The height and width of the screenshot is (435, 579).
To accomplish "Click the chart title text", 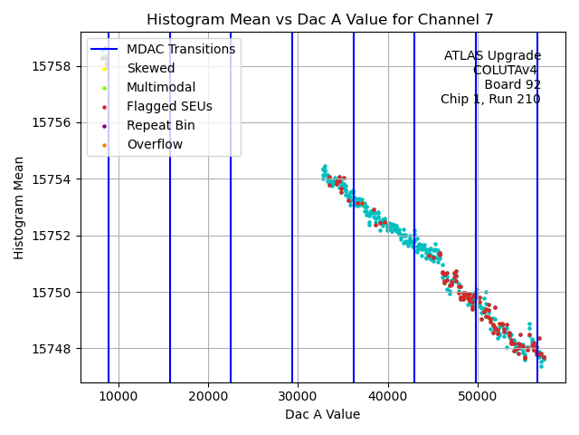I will pos(322,20).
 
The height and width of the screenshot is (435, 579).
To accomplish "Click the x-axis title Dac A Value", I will pos(322,414).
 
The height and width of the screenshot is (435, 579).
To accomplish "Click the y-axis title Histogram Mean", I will pos(19,208).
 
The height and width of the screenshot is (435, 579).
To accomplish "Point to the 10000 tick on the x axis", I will pos(119,396).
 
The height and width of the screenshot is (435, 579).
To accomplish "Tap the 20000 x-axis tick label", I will pos(208,396).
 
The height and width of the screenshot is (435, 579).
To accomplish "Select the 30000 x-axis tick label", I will pos(298,396).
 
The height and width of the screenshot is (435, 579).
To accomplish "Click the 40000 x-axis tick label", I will pos(387,396).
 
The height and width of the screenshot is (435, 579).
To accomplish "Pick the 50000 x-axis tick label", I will pos(477,396).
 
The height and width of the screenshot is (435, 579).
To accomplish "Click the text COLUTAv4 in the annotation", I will pos(507,70).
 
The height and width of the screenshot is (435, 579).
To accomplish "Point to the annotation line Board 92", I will pos(512,84).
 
